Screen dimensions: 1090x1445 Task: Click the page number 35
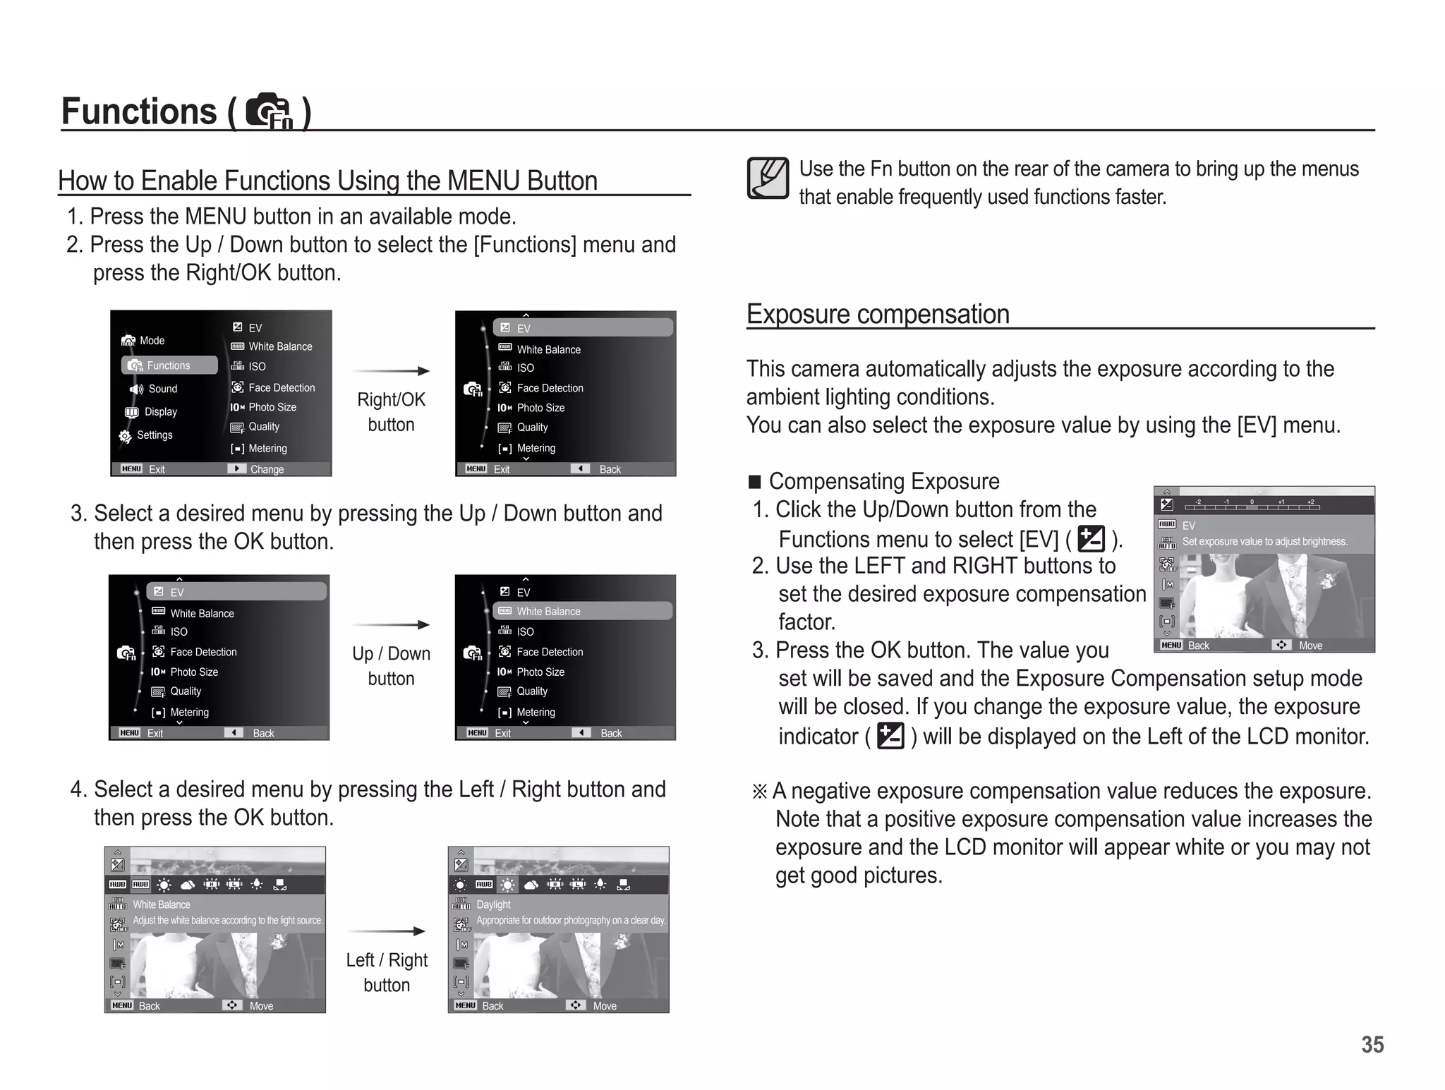1372,1044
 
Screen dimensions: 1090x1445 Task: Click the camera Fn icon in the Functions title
269,111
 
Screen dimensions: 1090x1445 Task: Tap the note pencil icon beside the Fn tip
768,178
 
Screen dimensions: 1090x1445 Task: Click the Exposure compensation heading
878,314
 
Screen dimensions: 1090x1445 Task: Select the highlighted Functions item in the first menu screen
169,365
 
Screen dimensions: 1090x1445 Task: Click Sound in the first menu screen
162,389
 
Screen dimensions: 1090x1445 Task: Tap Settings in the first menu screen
154,435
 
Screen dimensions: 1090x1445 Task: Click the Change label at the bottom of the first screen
267,469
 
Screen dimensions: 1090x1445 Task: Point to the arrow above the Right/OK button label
391,371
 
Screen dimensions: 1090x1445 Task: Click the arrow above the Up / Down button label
391,624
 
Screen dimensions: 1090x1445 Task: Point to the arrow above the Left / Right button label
387,931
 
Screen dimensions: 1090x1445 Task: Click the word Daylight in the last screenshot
493,904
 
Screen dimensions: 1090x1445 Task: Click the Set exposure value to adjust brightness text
1264,542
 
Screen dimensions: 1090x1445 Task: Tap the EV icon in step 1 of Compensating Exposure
1091,539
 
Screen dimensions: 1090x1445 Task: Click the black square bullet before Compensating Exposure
755,482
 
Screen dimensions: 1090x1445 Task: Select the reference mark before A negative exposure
759,792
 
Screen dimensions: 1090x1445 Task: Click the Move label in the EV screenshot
1310,646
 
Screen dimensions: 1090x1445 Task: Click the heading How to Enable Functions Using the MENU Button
327,181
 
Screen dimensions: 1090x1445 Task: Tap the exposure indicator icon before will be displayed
890,736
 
